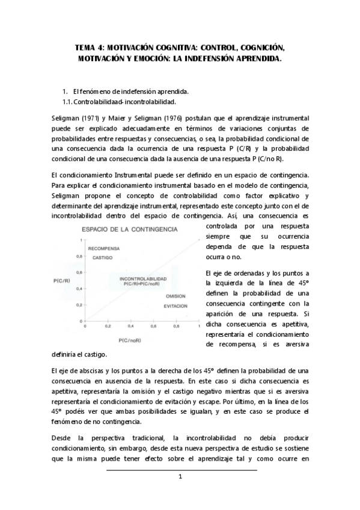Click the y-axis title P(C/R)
[62, 280]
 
